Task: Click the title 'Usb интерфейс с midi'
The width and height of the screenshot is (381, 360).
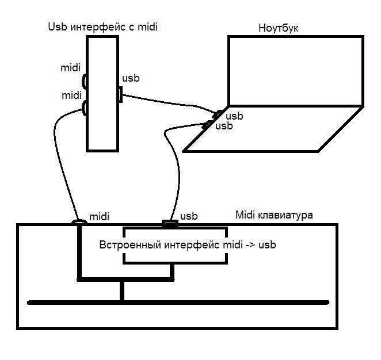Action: click(x=102, y=26)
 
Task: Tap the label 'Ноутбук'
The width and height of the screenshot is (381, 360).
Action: click(x=279, y=28)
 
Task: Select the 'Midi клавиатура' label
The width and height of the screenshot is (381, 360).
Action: click(x=275, y=215)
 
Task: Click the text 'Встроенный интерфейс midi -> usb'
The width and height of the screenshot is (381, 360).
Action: click(x=188, y=244)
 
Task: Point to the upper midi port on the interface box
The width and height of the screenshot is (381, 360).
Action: click(x=85, y=81)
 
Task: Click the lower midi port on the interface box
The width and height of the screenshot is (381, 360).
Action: click(x=85, y=107)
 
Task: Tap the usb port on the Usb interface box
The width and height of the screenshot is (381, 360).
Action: click(x=120, y=94)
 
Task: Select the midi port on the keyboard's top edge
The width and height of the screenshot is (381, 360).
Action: click(x=79, y=221)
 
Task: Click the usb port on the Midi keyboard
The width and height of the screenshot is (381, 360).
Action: click(x=169, y=223)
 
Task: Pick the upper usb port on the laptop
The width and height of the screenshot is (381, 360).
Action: click(x=219, y=114)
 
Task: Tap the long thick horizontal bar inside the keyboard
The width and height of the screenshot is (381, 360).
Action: click(x=178, y=302)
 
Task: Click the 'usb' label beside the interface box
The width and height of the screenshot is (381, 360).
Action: click(x=131, y=78)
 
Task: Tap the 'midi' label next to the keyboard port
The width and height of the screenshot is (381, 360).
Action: click(x=99, y=217)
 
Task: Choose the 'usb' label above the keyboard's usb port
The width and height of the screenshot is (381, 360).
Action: click(x=189, y=216)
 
